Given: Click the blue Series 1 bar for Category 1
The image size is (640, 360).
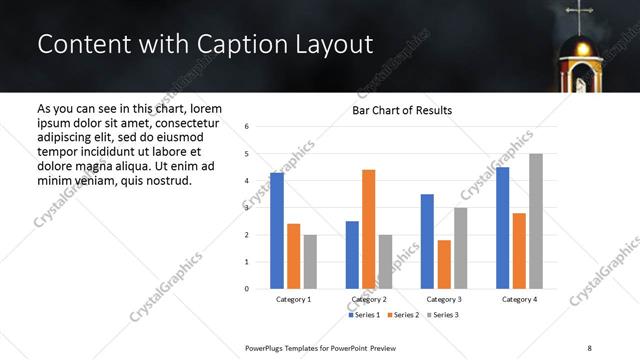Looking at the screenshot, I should tap(277, 231).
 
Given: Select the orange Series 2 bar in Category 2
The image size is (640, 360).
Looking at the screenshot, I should tap(368, 229).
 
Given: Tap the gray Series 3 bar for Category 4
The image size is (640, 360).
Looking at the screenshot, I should tap(536, 221).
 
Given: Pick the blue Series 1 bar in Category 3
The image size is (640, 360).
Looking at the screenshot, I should tap(427, 241).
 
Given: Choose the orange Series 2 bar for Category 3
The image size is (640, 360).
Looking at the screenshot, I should tap(444, 264).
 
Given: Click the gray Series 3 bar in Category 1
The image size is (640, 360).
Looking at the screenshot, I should tap(310, 261).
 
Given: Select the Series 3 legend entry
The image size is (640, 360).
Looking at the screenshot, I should tap(444, 315).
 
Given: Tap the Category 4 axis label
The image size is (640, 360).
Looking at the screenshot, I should tap(518, 300).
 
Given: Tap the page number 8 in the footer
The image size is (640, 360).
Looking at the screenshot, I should tap(590, 347).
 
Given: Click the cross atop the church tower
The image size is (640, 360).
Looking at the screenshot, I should tap(578, 15).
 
